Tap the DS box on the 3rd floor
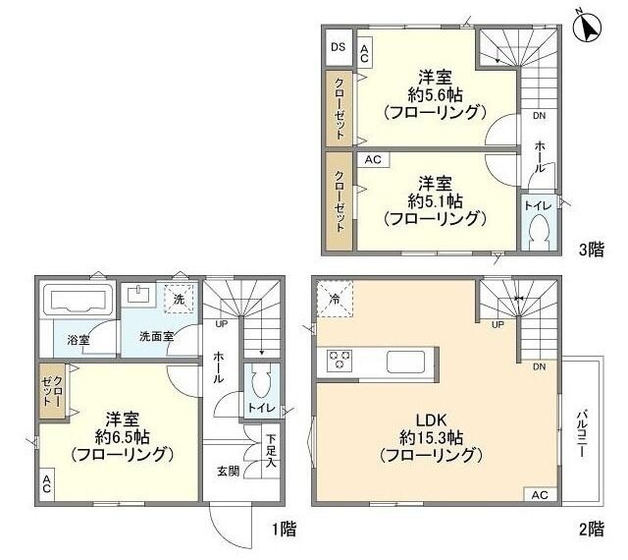(338, 47)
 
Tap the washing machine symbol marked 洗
(179, 298)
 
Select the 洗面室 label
(156, 335)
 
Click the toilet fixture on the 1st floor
(258, 380)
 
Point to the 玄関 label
(229, 470)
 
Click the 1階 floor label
(284, 529)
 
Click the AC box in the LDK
(540, 495)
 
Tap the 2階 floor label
(591, 529)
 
